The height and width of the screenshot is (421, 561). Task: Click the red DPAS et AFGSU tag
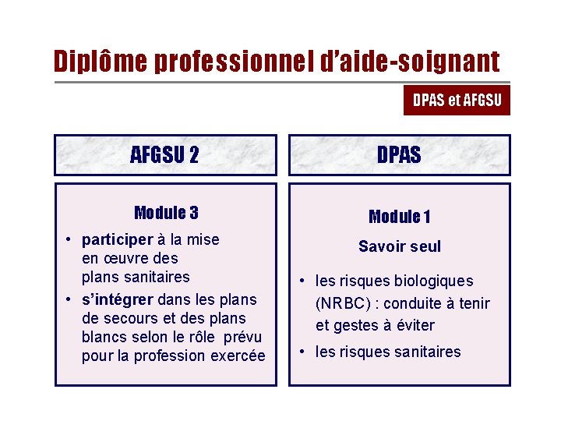point(457,100)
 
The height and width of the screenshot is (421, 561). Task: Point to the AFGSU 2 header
point(164,155)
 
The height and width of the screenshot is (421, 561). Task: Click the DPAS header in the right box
point(399,155)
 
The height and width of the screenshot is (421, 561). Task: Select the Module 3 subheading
point(165,213)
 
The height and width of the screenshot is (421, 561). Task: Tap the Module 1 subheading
point(399,217)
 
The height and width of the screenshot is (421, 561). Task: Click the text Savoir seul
point(399,246)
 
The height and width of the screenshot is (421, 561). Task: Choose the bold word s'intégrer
point(118,299)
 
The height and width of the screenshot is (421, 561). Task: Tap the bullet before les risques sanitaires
point(303,352)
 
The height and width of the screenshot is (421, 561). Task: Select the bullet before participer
point(69,240)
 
